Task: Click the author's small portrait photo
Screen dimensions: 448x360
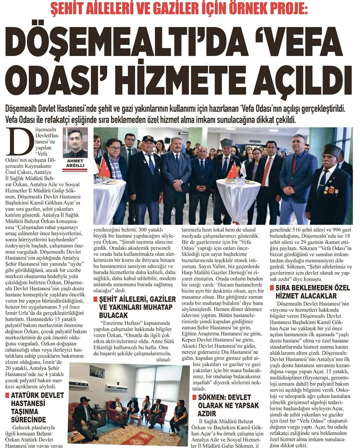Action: point(75,142)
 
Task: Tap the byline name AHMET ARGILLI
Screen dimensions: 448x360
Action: point(75,163)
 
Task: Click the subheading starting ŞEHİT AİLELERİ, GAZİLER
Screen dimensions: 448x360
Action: point(137,307)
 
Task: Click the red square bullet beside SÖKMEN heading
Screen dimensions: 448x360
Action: point(194,397)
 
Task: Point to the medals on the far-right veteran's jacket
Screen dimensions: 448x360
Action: point(330,190)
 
